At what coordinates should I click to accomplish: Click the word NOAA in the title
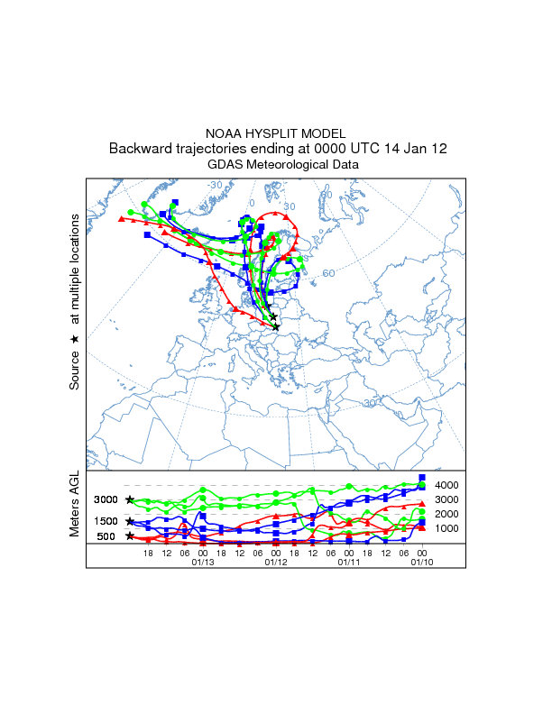click(x=223, y=133)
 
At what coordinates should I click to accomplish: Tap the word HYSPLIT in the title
click(x=272, y=133)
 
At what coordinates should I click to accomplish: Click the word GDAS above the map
click(x=225, y=165)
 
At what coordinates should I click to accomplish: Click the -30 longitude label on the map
click(x=215, y=186)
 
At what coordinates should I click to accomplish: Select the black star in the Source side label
click(x=75, y=340)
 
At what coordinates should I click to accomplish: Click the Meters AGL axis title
click(x=75, y=508)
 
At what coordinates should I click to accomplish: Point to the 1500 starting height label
click(x=106, y=521)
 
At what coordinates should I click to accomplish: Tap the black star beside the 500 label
click(x=130, y=536)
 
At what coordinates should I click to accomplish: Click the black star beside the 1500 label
click(x=130, y=521)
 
